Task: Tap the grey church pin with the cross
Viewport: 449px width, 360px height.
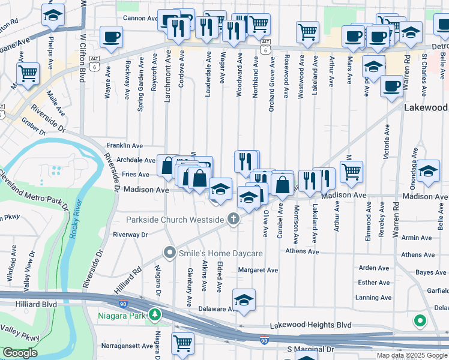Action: click(235, 220)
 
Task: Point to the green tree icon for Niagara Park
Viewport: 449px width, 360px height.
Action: click(155, 314)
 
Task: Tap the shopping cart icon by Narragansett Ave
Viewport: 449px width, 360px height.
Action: click(182, 343)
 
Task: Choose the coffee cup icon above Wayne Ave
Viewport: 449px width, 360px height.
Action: click(111, 37)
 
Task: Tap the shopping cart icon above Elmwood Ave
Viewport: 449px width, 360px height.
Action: click(351, 172)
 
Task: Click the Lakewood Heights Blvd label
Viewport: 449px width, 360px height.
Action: click(310, 325)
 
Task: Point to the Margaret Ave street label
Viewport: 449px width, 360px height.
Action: click(258, 270)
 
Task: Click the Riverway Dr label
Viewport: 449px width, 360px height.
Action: click(130, 235)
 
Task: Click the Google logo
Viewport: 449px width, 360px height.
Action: click(20, 353)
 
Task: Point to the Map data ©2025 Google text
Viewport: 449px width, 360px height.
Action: click(412, 355)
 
